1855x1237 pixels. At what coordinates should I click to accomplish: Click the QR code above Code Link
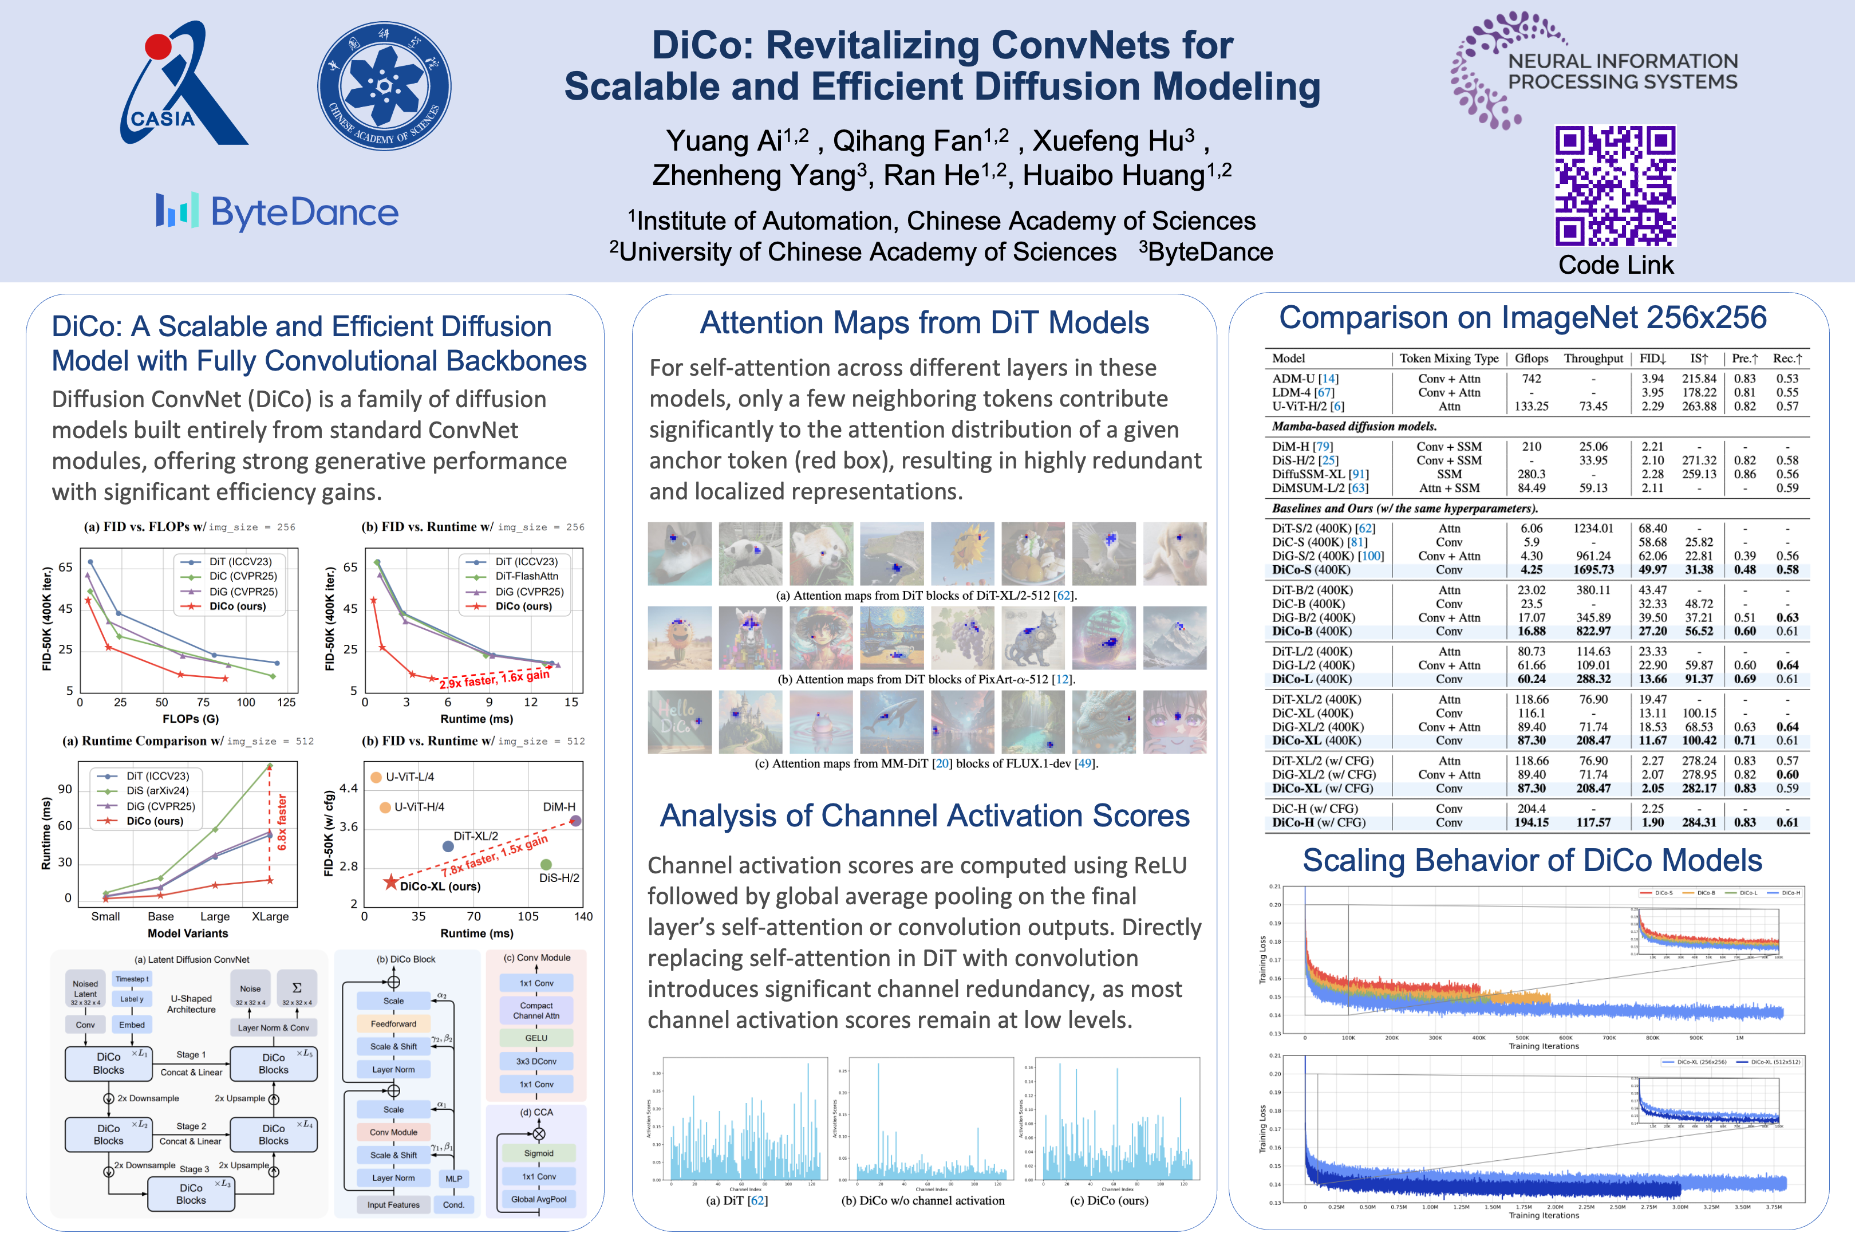click(1615, 186)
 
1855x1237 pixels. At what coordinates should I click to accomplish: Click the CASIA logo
click(183, 86)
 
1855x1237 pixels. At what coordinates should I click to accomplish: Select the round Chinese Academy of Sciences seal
click(384, 86)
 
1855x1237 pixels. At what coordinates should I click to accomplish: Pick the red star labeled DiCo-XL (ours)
click(390, 882)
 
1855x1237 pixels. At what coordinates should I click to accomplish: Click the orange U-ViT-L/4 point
click(376, 777)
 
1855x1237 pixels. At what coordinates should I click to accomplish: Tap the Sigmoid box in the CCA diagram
click(539, 1153)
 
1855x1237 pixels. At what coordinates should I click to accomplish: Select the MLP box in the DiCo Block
click(453, 1179)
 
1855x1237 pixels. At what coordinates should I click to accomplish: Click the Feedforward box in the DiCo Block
click(393, 1024)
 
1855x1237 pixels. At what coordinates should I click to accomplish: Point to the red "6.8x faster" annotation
click(282, 822)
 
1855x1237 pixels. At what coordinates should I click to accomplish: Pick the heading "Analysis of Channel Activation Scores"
click(924, 816)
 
